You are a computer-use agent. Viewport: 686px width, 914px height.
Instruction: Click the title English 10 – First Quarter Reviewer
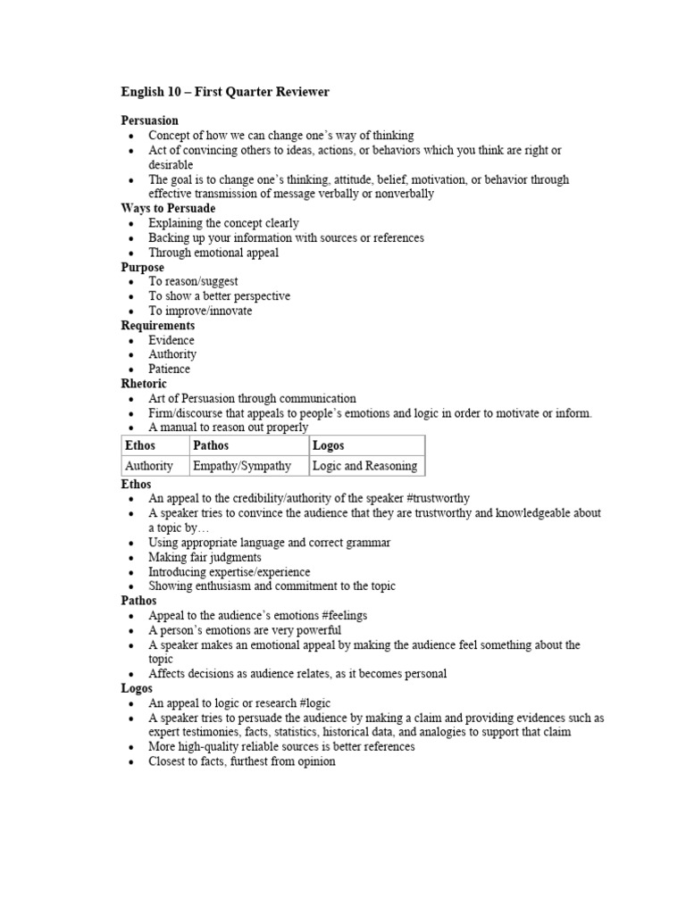pyautogui.click(x=225, y=91)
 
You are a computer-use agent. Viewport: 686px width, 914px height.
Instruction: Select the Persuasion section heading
pyautogui.click(x=149, y=120)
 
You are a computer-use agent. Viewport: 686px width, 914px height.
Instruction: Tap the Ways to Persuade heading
pyautogui.click(x=168, y=208)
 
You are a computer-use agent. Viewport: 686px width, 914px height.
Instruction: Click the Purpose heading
pyautogui.click(x=142, y=267)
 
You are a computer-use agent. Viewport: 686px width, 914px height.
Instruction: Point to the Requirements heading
pyautogui.click(x=157, y=325)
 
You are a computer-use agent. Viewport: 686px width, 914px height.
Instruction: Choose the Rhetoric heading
pyautogui.click(x=144, y=384)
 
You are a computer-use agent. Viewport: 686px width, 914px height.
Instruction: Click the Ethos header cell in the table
pyautogui.click(x=140, y=445)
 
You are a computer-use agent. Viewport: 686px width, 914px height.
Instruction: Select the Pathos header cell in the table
pyautogui.click(x=211, y=445)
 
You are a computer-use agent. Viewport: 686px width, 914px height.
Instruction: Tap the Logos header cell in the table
pyautogui.click(x=328, y=445)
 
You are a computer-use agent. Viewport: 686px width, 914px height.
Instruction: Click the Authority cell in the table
pyautogui.click(x=149, y=466)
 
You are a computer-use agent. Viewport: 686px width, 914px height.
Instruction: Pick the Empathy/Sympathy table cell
pyautogui.click(x=242, y=466)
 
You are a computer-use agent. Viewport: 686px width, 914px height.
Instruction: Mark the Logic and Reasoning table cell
pyautogui.click(x=364, y=466)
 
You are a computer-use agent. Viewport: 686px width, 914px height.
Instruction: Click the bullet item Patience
pyautogui.click(x=169, y=369)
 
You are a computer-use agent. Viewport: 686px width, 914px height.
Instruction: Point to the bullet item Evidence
pyautogui.click(x=171, y=340)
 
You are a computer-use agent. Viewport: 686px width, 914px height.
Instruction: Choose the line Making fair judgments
pyautogui.click(x=206, y=557)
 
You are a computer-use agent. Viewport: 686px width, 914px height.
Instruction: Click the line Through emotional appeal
pyautogui.click(x=213, y=253)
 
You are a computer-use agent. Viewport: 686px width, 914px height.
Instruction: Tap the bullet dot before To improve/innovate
pyautogui.click(x=131, y=312)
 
